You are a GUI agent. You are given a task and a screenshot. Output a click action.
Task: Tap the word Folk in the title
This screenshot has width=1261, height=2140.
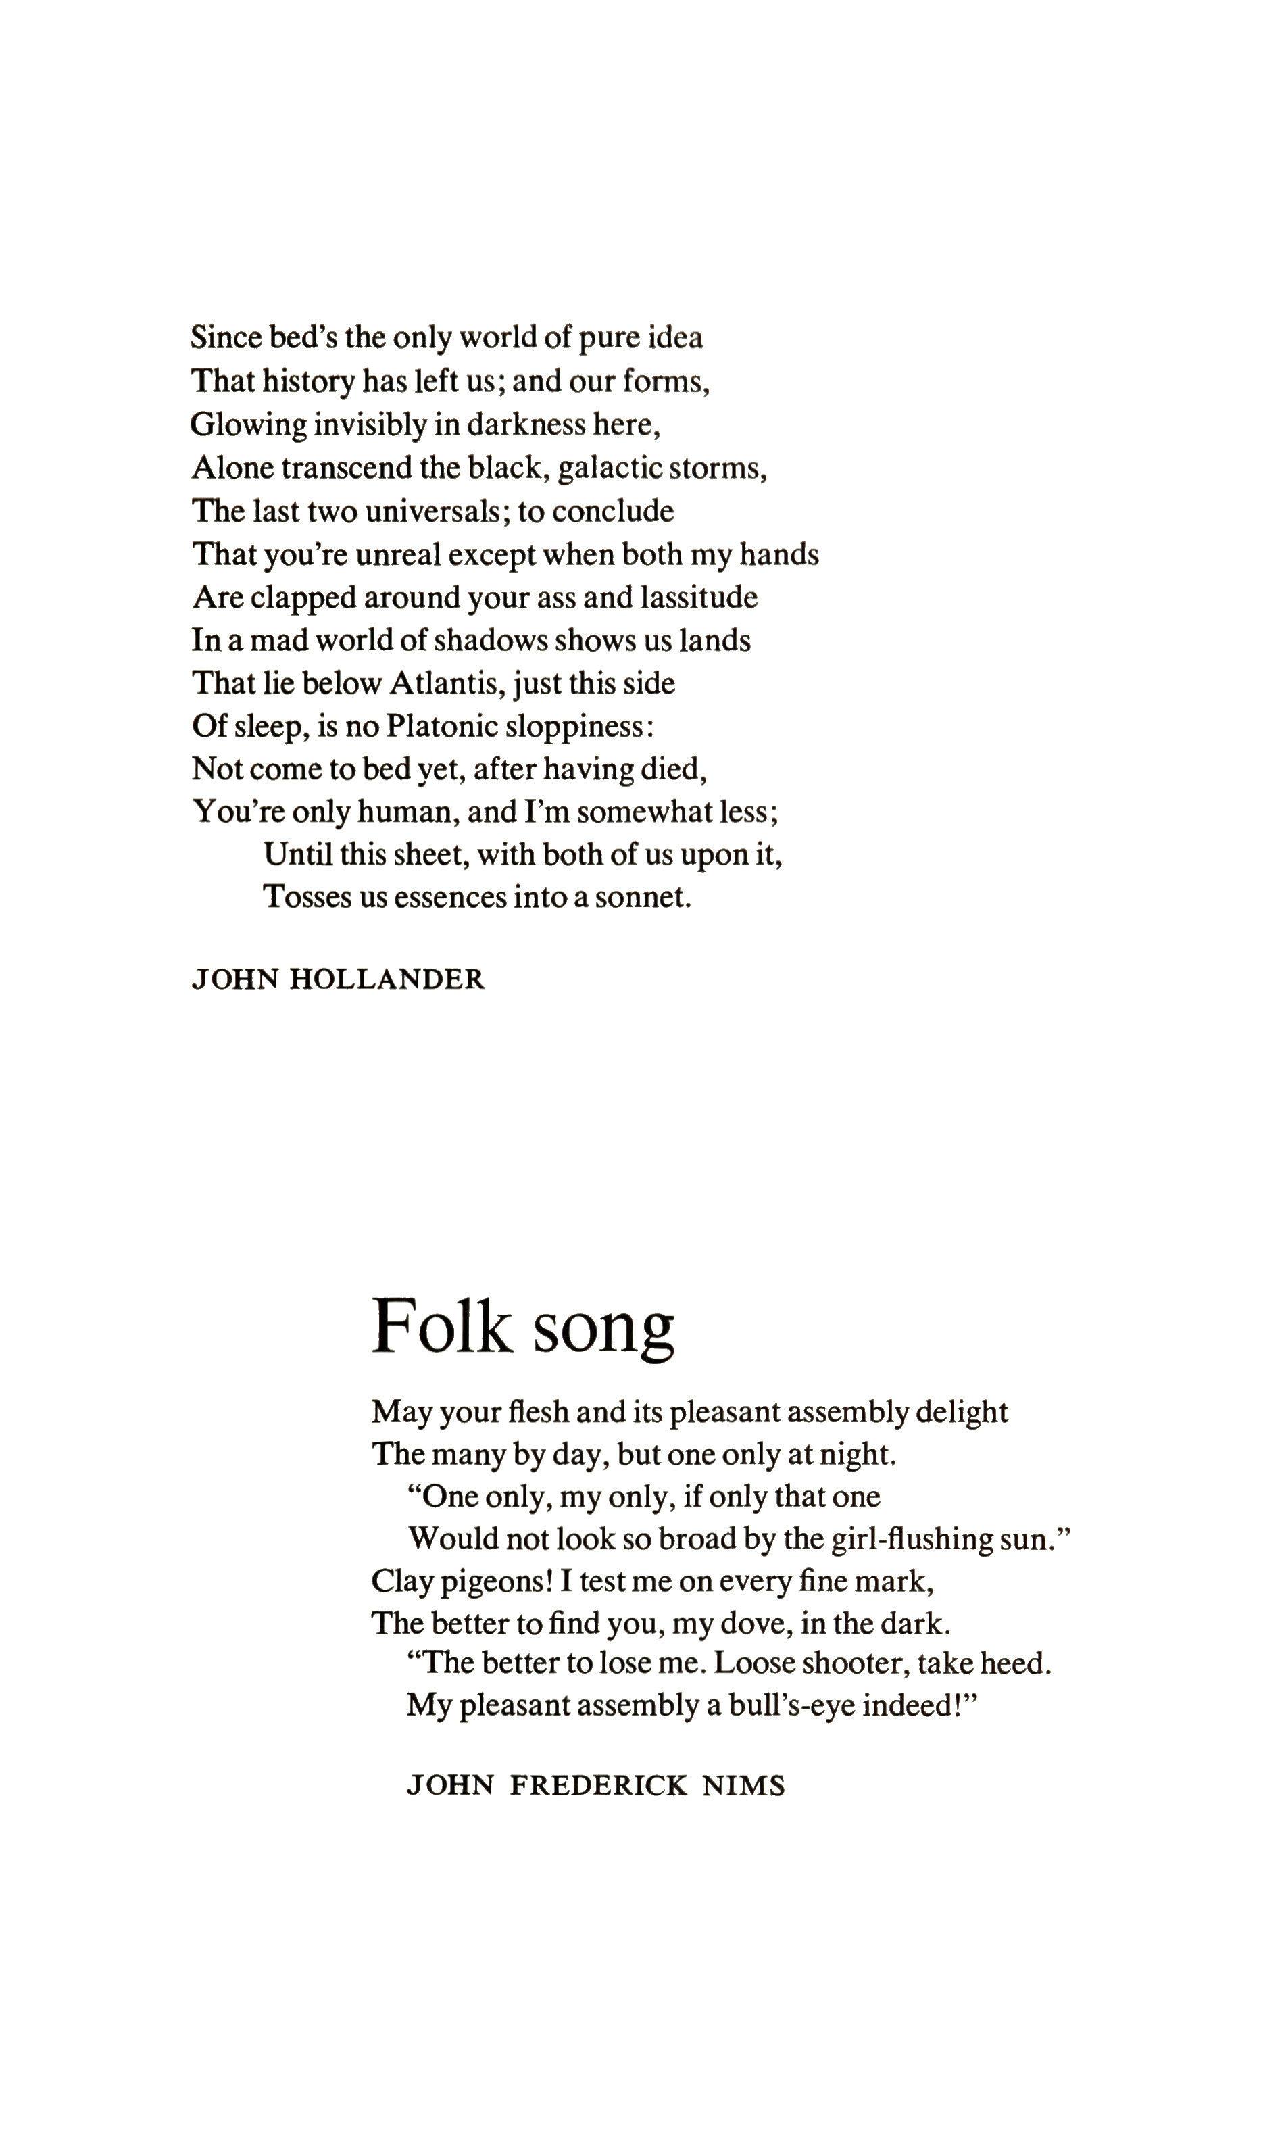pos(443,1327)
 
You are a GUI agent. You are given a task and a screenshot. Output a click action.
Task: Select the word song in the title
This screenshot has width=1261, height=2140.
pos(603,1330)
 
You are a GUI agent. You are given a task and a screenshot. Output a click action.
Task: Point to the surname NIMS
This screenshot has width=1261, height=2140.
pos(743,1786)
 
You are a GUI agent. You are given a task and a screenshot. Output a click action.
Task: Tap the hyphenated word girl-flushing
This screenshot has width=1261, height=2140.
pos(911,1540)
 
